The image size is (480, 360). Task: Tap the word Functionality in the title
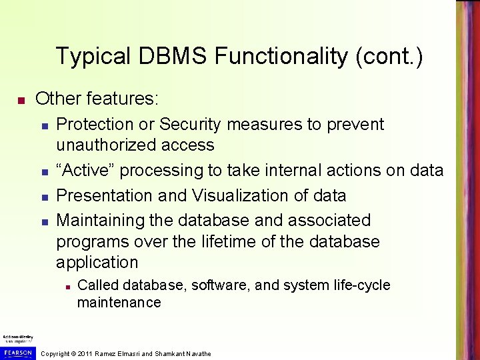click(x=281, y=56)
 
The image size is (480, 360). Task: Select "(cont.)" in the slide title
click(x=389, y=56)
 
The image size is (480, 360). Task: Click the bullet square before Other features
click(x=21, y=101)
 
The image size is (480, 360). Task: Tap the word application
click(x=97, y=262)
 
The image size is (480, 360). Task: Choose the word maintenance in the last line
click(x=119, y=302)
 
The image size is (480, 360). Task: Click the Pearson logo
click(x=17, y=351)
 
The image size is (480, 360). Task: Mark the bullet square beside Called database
click(x=68, y=286)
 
